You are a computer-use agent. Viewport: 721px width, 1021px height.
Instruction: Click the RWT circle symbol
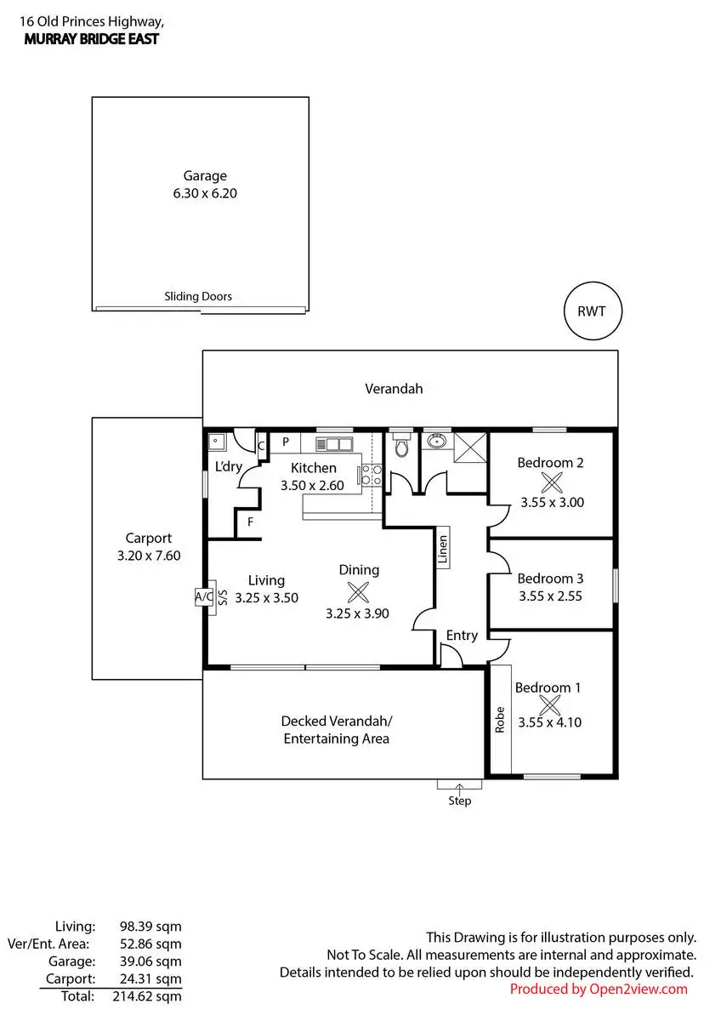(x=593, y=311)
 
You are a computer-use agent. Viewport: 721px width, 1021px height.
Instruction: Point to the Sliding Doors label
(x=198, y=297)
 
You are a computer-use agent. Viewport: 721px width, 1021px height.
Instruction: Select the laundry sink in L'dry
(x=217, y=442)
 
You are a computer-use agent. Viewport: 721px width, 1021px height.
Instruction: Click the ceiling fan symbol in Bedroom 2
(x=552, y=482)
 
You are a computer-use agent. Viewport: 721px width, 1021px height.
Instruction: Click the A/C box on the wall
(x=204, y=597)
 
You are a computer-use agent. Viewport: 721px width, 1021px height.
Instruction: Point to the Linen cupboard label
(x=442, y=550)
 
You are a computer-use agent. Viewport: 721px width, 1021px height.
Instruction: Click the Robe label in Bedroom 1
(x=500, y=719)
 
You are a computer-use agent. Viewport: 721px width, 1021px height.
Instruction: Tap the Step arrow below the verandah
(x=459, y=789)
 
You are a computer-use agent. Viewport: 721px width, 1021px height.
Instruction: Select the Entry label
(x=462, y=636)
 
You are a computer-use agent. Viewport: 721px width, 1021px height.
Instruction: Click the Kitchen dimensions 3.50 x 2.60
(x=313, y=485)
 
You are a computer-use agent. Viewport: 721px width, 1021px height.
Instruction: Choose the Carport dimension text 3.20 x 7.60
(x=149, y=555)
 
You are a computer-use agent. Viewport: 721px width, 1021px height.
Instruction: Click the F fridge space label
(x=250, y=522)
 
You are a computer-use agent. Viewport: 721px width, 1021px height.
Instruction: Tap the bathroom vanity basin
(x=437, y=441)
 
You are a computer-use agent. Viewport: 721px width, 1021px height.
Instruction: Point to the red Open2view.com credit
(x=599, y=989)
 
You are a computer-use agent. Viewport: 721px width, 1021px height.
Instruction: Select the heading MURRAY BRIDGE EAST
(x=92, y=39)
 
